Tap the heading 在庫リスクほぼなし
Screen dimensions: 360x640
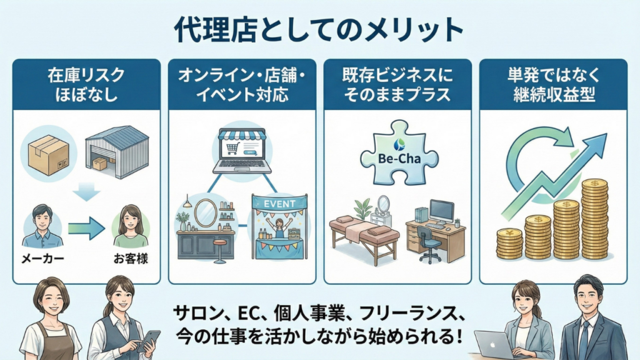point(86,86)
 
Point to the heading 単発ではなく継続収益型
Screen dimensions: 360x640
point(553,86)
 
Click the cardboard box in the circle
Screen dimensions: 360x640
point(49,152)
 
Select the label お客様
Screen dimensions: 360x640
point(131,259)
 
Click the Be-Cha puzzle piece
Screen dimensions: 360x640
point(396,155)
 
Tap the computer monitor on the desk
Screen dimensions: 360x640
point(442,211)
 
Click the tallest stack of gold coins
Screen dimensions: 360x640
point(594,219)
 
